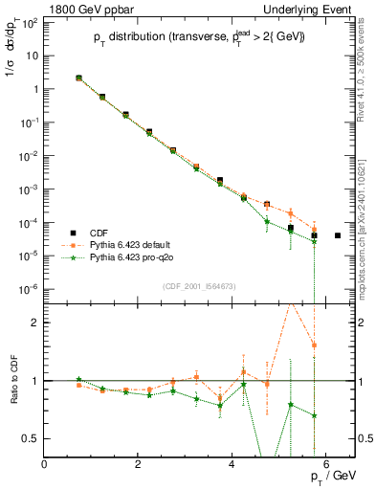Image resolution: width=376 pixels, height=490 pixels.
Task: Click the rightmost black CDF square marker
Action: point(338,235)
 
